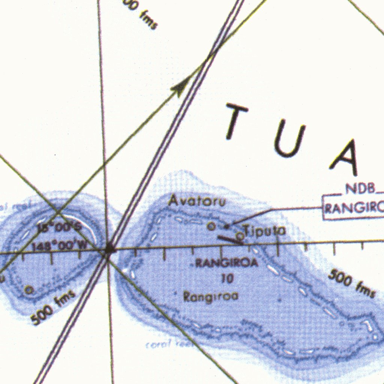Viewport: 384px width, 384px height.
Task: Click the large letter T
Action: click(235, 121)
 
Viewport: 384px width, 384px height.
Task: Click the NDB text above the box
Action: click(360, 189)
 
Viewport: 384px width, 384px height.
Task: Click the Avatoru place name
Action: click(197, 201)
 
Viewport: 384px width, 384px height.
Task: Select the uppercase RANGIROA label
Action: click(226, 263)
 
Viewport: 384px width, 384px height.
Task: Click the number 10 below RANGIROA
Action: click(228, 278)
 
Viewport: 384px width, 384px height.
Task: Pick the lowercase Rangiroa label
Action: click(211, 297)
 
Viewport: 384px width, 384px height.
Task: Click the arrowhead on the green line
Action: click(180, 87)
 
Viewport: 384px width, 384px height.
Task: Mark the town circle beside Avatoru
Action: click(211, 226)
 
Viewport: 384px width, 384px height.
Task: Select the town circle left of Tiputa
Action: click(240, 236)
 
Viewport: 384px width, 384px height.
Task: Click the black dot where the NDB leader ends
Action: click(226, 226)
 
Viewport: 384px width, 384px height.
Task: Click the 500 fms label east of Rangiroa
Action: click(351, 284)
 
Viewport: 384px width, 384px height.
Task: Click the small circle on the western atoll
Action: click(28, 289)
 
